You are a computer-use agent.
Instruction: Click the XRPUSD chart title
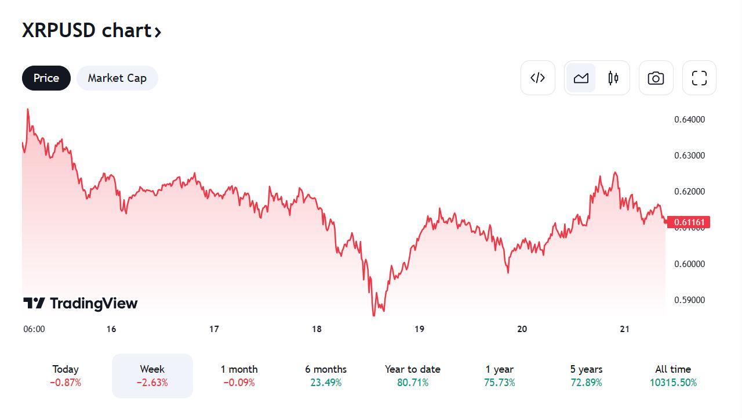(92, 30)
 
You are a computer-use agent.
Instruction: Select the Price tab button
(46, 78)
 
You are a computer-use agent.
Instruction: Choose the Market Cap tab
(117, 78)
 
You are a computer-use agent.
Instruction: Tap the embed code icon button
(537, 78)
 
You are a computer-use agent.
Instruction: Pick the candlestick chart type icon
(613, 78)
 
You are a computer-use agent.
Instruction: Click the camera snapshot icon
(656, 78)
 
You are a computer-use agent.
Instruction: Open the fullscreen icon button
(699, 78)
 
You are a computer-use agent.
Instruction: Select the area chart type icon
(581, 78)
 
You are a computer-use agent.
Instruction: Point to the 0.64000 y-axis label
(689, 120)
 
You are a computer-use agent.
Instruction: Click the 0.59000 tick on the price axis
(689, 300)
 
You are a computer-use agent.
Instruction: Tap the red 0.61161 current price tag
(689, 222)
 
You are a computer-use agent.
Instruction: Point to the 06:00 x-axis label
(34, 329)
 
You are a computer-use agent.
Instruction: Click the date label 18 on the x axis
(317, 329)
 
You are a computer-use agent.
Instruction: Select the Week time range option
(152, 376)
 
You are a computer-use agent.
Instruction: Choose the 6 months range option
(326, 376)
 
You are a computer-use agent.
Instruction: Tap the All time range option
(673, 376)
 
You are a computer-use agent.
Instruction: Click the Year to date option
(412, 376)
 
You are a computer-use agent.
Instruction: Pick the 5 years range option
(586, 376)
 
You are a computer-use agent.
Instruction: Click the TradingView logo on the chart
(81, 303)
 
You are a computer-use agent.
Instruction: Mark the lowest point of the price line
(373, 315)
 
